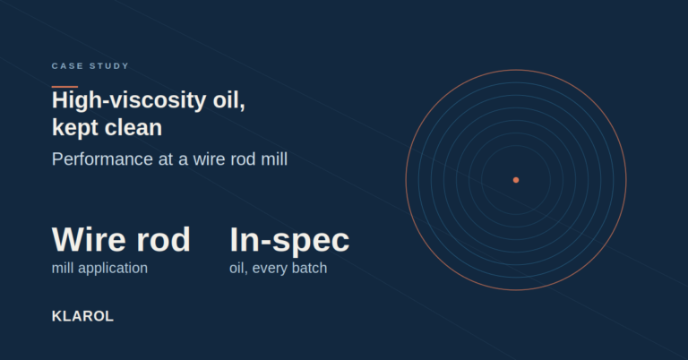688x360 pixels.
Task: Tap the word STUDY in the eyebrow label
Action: point(109,65)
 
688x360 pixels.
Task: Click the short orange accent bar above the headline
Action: point(64,87)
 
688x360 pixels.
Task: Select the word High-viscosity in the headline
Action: point(129,100)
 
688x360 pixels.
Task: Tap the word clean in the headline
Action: point(133,127)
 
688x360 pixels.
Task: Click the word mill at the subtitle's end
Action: point(274,159)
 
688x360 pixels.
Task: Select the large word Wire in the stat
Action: point(90,239)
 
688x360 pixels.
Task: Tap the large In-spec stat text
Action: point(289,240)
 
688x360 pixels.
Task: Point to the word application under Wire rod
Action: point(113,269)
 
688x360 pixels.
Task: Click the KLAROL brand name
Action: point(83,316)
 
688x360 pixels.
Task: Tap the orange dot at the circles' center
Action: point(516,180)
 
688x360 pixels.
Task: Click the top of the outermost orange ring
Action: point(516,70)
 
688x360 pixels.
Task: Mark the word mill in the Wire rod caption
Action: point(63,268)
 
